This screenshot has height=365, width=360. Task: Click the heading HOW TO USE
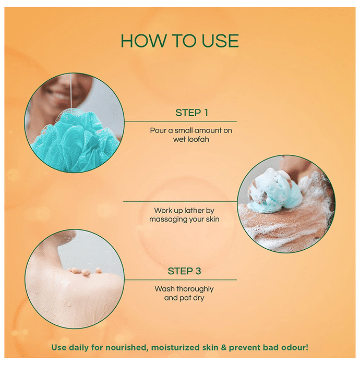click(179, 41)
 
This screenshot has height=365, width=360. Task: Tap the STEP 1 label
click(191, 113)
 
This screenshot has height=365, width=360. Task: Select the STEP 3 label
click(184, 271)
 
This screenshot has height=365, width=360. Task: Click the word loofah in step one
click(198, 139)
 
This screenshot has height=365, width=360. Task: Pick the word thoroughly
click(195, 289)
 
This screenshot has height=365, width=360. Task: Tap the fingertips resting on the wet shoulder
click(85, 272)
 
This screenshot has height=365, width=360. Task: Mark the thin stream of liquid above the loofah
click(70, 91)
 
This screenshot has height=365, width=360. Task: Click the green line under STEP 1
click(181, 121)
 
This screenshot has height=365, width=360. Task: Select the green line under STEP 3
click(181, 280)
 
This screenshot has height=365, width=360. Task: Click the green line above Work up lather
click(180, 202)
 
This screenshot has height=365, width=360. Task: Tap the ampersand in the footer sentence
click(223, 348)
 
